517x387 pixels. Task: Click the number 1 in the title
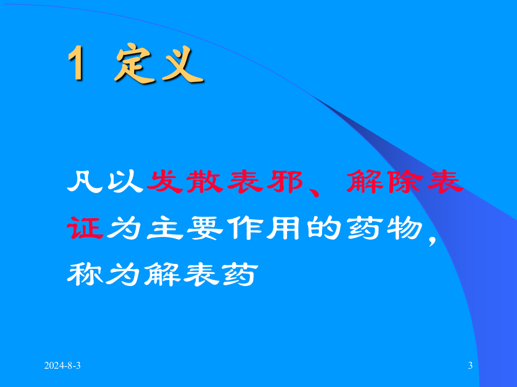point(77,64)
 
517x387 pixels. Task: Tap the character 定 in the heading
point(132,64)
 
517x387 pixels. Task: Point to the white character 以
point(125,183)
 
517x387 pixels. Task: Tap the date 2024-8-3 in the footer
point(62,366)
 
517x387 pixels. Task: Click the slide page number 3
point(470,366)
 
